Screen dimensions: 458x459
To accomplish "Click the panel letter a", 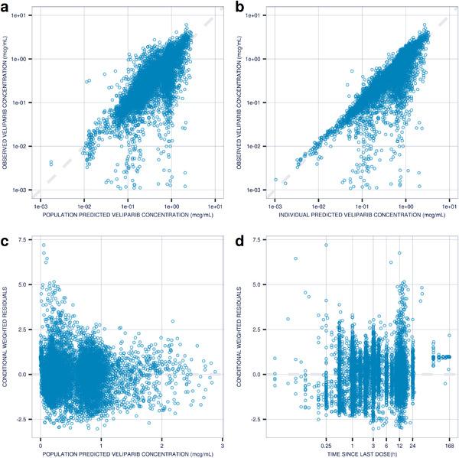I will click(x=5, y=6).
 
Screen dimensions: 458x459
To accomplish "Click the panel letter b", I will click(x=240, y=6).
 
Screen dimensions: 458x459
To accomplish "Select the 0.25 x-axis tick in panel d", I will click(x=327, y=442).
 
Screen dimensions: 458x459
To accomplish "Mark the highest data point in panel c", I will click(x=44, y=245).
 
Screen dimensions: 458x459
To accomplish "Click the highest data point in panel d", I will click(x=327, y=245).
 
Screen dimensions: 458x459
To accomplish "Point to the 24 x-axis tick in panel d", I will click(x=413, y=442).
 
